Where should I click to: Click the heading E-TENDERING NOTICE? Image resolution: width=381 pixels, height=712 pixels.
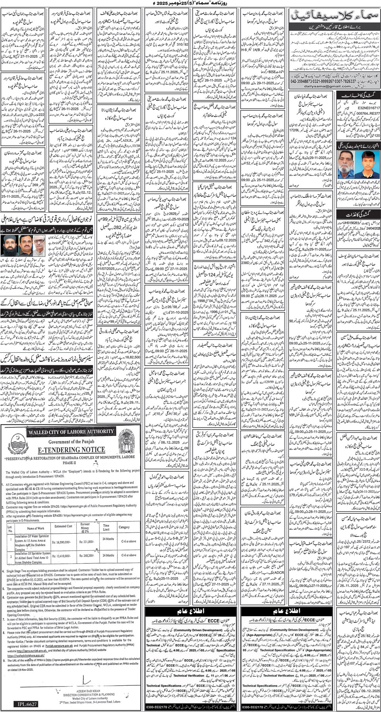click(71, 450)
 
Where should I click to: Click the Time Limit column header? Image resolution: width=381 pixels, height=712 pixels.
click(106, 527)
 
